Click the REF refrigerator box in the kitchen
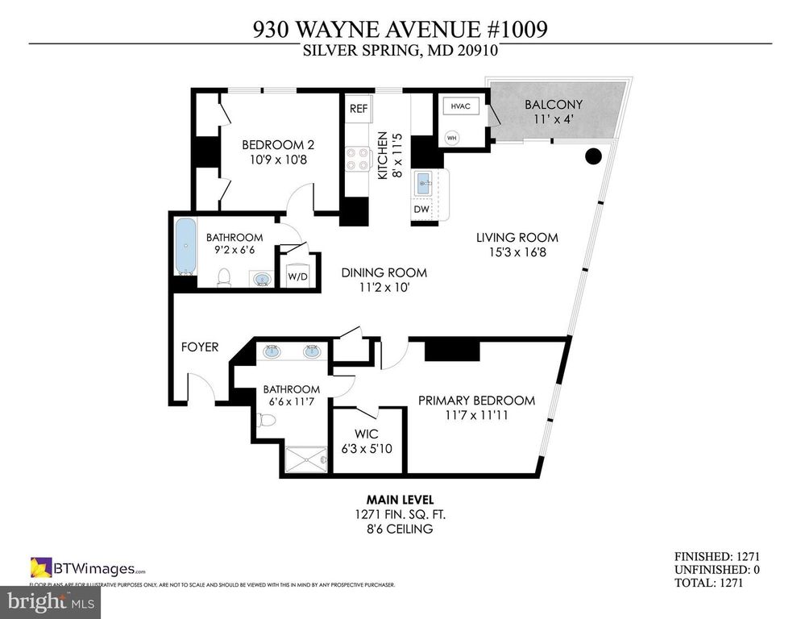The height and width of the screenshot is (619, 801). [357, 108]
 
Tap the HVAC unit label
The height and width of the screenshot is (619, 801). [460, 106]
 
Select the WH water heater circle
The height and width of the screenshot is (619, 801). [451, 136]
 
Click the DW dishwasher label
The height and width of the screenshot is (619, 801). [421, 210]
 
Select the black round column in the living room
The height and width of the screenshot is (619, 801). [593, 155]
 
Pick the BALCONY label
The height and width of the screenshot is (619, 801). [553, 105]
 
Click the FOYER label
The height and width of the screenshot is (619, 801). [199, 347]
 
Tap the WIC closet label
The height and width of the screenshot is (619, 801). [367, 434]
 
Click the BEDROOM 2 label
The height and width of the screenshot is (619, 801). [278, 145]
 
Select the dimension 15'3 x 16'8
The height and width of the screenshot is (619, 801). [517, 252]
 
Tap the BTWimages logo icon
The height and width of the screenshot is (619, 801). [41, 567]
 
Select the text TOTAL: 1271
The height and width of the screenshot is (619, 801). [716, 582]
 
